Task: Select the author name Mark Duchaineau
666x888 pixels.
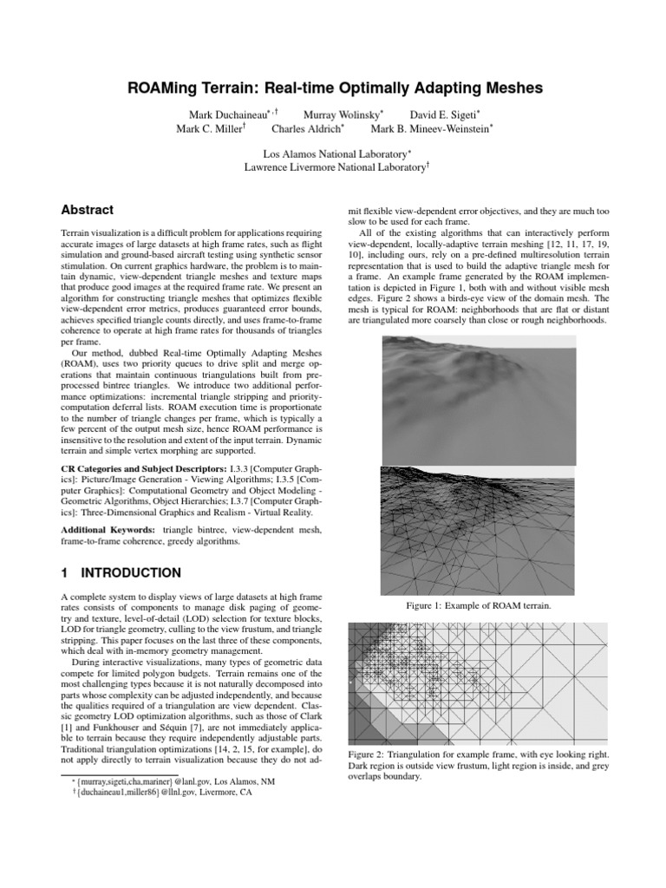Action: click(x=229, y=114)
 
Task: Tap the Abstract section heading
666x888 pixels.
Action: click(x=87, y=210)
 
